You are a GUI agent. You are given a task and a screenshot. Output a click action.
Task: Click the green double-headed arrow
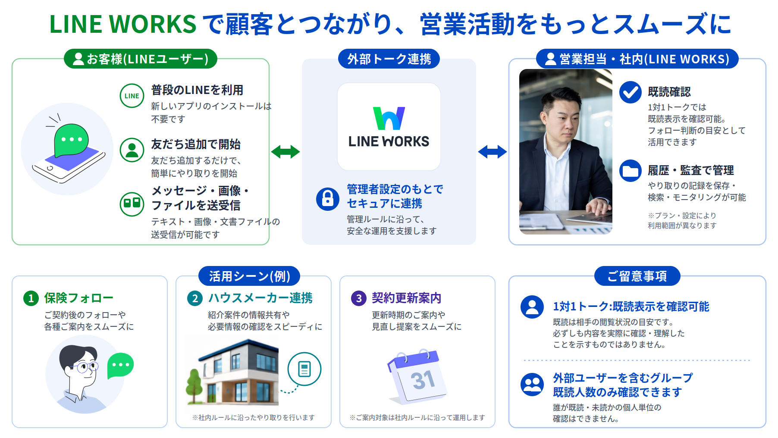(285, 152)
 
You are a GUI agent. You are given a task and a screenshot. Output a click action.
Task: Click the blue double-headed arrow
(493, 152)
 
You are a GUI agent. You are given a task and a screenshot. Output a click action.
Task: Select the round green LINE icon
(132, 96)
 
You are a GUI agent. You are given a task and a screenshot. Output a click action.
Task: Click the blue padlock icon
(328, 199)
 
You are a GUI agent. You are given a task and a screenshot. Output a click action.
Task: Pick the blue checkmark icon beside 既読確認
(631, 92)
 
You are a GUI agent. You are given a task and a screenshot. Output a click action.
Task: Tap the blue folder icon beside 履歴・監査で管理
(631, 171)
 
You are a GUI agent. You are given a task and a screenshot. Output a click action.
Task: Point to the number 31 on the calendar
(423, 380)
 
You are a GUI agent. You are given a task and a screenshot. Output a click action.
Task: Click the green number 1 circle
(31, 298)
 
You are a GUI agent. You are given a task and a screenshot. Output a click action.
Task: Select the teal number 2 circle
(195, 298)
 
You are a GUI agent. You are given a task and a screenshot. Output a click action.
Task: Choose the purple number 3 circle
(359, 298)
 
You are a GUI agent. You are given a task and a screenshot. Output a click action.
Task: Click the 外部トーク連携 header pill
(389, 59)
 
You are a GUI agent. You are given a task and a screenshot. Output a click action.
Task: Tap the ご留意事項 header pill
(637, 276)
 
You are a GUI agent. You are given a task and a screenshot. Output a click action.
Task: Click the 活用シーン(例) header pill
(249, 276)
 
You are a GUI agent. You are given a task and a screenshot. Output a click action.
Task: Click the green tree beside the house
(194, 383)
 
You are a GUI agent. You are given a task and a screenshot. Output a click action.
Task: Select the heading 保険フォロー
(79, 298)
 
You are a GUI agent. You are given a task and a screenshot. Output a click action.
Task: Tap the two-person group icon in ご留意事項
(532, 385)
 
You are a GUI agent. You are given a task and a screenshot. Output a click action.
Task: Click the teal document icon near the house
(304, 369)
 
